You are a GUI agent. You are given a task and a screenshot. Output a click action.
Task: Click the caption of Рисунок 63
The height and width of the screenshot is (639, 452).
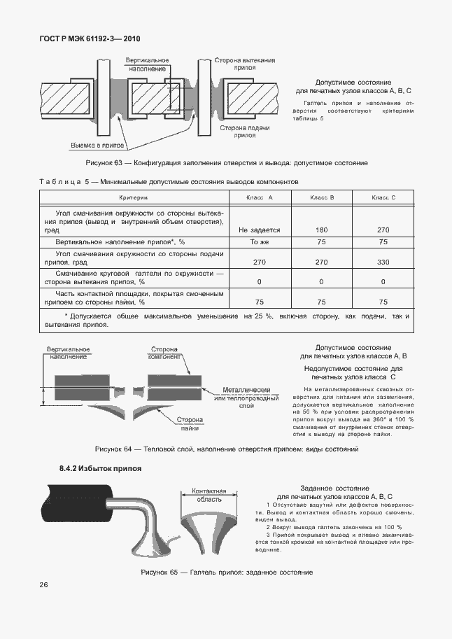[226, 162]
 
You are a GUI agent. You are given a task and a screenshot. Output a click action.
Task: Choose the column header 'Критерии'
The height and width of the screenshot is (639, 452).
[134, 198]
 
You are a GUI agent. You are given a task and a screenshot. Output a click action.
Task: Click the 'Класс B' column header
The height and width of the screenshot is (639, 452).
[322, 198]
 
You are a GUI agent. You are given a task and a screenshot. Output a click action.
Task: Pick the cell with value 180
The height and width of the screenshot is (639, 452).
[322, 230]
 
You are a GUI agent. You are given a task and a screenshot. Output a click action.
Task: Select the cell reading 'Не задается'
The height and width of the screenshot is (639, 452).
[259, 230]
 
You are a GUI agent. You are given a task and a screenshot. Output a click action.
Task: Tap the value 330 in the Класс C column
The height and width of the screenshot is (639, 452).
[383, 260]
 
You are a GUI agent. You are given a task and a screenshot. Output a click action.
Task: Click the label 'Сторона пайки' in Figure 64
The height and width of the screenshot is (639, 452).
[189, 424]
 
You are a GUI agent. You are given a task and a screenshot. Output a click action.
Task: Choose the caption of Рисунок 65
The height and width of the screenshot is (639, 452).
[226, 573]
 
